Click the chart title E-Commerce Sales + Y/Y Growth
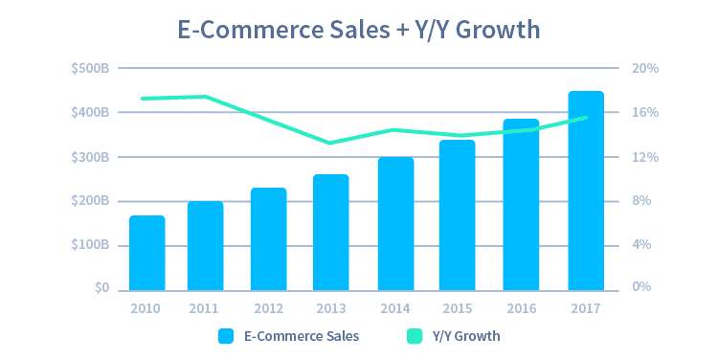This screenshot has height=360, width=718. click(359, 29)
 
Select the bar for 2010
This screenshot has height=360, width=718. click(146, 253)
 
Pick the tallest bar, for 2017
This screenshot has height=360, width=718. click(585, 191)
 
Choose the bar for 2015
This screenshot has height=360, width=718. click(457, 215)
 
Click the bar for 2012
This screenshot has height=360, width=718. click(268, 239)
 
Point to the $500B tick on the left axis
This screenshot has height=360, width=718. click(89, 69)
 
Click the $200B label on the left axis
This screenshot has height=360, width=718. click(89, 201)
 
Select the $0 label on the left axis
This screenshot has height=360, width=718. click(100, 288)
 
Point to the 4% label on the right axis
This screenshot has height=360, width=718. click(640, 245)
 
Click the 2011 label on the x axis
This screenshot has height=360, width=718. click(203, 308)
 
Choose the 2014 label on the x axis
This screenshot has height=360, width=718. click(394, 308)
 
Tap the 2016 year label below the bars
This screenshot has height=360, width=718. click(521, 308)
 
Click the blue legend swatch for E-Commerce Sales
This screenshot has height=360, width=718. click(226, 336)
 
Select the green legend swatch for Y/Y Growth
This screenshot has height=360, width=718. click(414, 336)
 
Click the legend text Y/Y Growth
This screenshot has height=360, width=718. click(466, 336)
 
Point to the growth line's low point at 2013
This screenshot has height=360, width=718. click(329, 143)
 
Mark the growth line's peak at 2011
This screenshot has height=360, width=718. click(205, 97)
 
